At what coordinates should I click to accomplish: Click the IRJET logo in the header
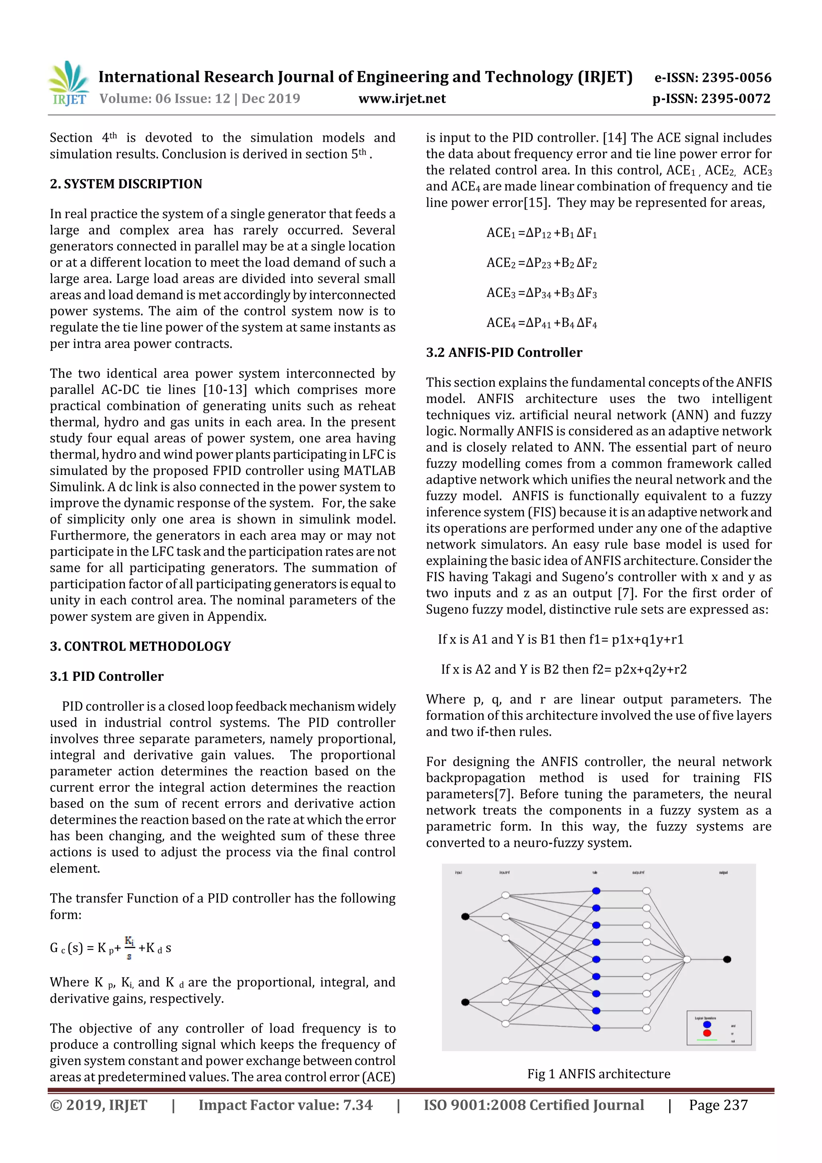point(68,84)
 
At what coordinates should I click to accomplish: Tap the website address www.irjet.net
point(402,98)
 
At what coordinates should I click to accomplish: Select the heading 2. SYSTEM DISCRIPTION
point(126,184)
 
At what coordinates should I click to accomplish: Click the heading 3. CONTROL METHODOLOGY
point(140,646)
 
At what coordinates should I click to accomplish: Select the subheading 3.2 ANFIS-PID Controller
point(504,352)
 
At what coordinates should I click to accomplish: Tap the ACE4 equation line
point(541,323)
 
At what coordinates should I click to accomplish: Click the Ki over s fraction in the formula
point(130,948)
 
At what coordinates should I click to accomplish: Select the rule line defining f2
point(564,669)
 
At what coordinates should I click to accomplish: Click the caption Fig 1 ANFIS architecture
point(599,1074)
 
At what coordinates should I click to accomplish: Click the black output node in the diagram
point(727,959)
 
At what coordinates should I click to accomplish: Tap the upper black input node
point(465,917)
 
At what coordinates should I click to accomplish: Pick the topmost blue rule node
point(596,891)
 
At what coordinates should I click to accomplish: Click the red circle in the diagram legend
point(707,1033)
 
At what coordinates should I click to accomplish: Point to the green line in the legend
point(707,1040)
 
